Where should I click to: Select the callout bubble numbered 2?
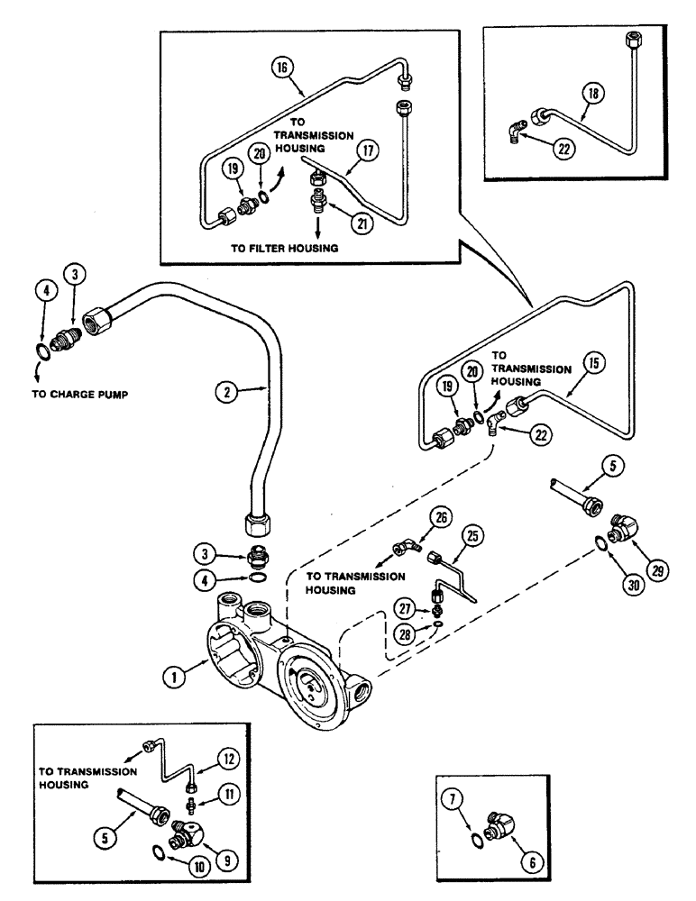tap(226, 392)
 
